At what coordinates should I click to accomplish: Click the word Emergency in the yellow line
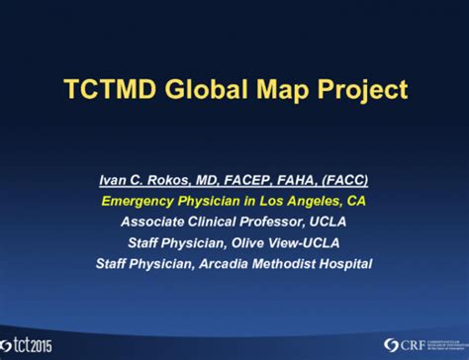tap(140, 202)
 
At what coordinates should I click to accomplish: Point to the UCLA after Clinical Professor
tap(341, 222)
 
